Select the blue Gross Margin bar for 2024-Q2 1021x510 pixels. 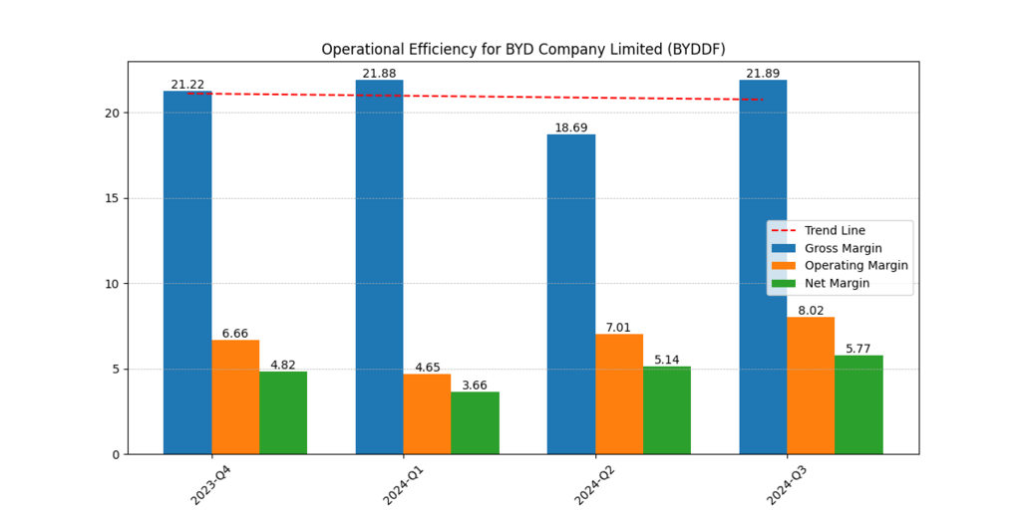pyautogui.click(x=571, y=294)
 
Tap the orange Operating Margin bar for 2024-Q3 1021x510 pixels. pyautogui.click(x=811, y=385)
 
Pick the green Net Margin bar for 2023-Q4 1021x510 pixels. pyautogui.click(x=283, y=412)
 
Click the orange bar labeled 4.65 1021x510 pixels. pyautogui.click(x=427, y=413)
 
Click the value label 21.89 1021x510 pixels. pyautogui.click(x=763, y=74)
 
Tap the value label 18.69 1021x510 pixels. pyautogui.click(x=571, y=128)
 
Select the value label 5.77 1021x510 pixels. pyautogui.click(x=858, y=349)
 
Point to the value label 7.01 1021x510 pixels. pyautogui.click(x=619, y=328)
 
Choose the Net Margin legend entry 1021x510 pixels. pyautogui.click(x=837, y=283)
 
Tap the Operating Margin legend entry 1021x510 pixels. pyautogui.click(x=855, y=265)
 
